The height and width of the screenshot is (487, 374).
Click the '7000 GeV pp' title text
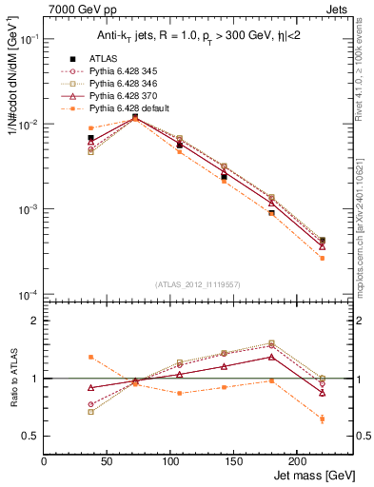tap(77, 9)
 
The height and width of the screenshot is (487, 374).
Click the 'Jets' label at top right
tap(337, 9)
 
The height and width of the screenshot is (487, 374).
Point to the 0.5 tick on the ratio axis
tap(33, 436)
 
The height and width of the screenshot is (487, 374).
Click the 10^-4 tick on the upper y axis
tap(29, 295)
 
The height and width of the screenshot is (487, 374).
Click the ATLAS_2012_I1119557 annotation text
tap(198, 284)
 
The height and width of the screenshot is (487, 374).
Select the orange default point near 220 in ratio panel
tap(323, 419)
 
